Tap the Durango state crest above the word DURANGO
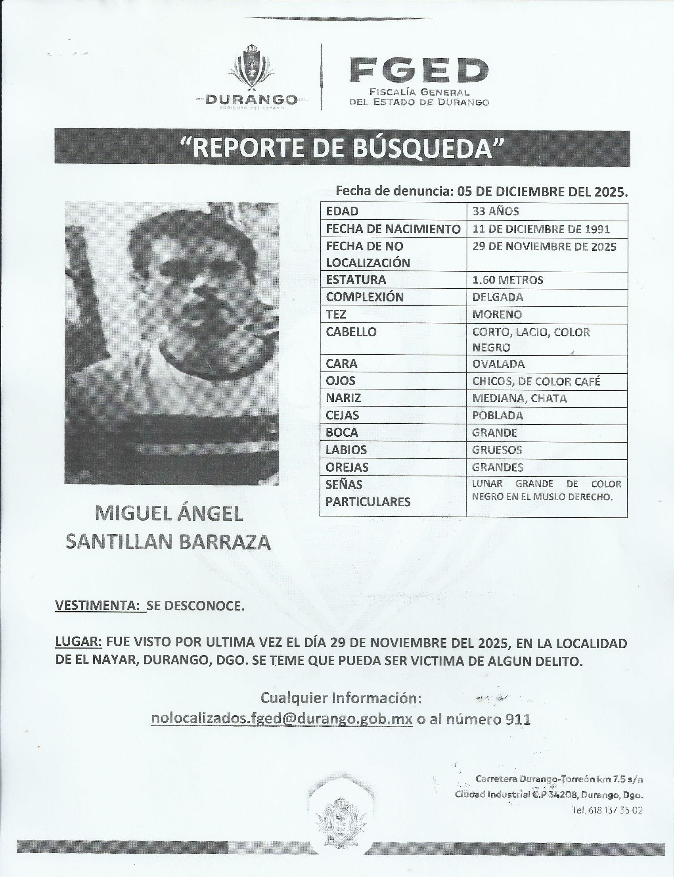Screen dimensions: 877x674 click(x=252, y=68)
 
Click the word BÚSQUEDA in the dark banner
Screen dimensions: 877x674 click(x=423, y=148)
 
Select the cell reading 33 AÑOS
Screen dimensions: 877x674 click(x=496, y=211)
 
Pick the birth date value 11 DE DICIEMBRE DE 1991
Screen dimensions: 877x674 click(x=541, y=229)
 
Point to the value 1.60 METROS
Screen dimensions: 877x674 click(x=507, y=280)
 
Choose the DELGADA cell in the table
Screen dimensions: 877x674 click(x=498, y=297)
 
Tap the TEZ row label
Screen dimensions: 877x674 click(x=336, y=314)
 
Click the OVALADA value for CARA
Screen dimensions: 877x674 click(x=498, y=364)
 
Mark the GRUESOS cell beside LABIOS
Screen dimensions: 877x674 click(x=497, y=449)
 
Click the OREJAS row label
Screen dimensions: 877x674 click(x=347, y=467)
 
